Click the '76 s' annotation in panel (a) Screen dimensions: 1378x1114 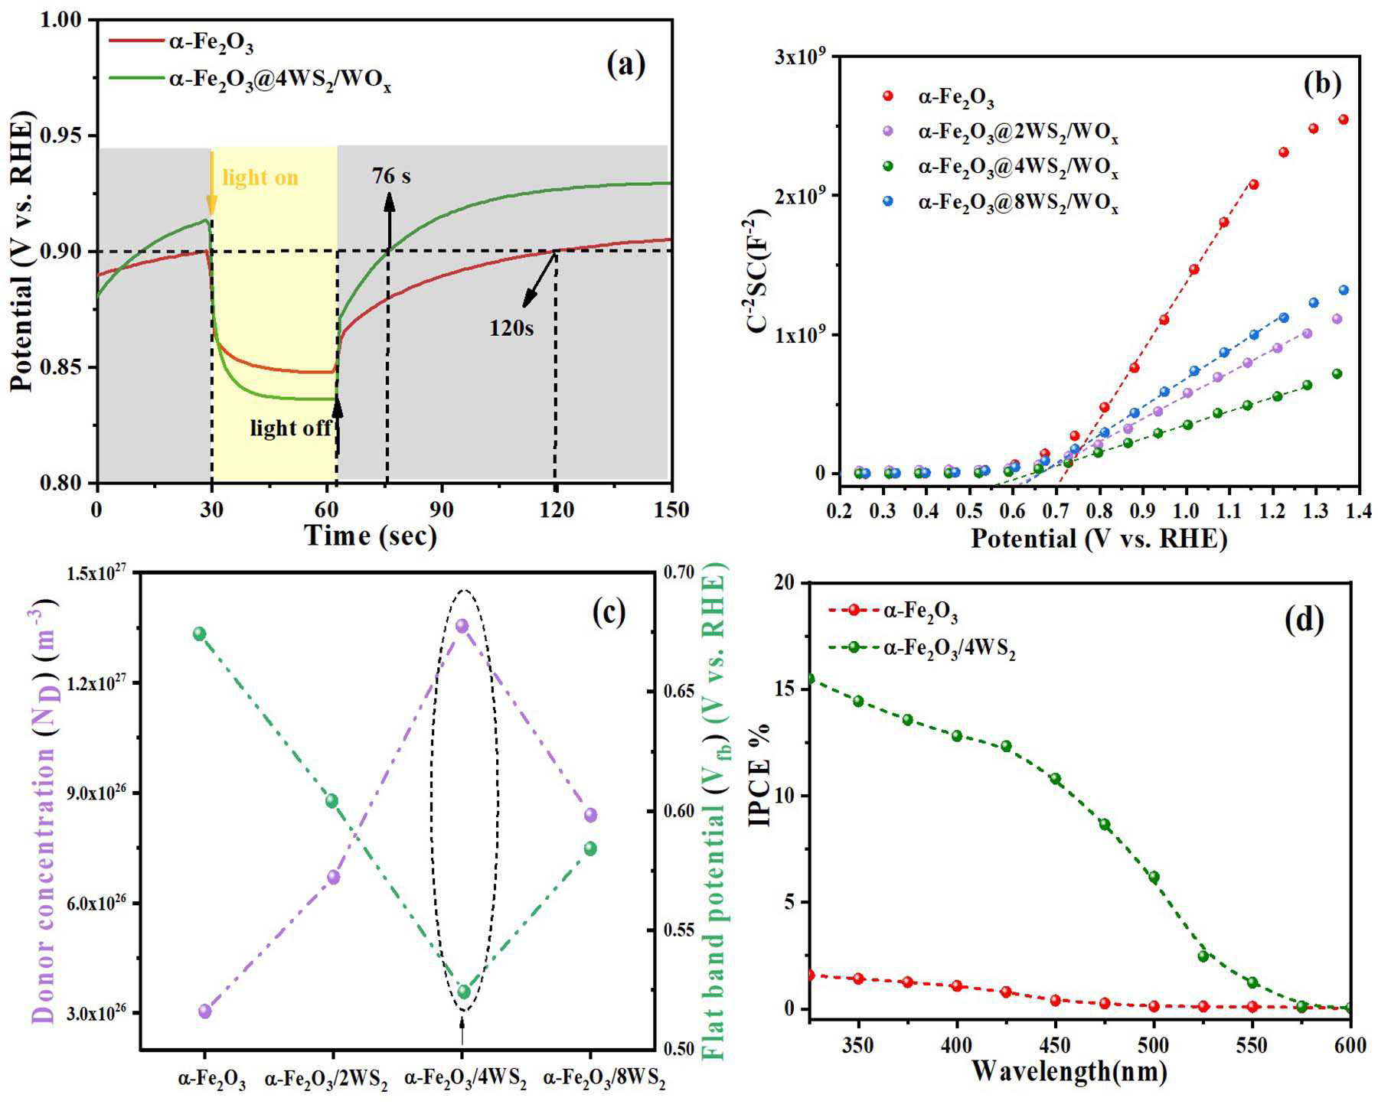click(x=391, y=176)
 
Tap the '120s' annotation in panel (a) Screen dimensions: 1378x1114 click(x=511, y=328)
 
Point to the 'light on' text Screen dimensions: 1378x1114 click(x=260, y=178)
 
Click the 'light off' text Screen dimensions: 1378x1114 click(x=291, y=427)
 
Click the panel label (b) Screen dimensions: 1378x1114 click(x=1322, y=84)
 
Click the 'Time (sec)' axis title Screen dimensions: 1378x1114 click(x=371, y=536)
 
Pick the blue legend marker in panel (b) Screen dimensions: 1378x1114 click(x=887, y=201)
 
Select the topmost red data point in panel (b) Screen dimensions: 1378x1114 click(x=1343, y=119)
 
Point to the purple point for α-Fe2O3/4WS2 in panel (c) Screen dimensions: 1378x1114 click(x=462, y=626)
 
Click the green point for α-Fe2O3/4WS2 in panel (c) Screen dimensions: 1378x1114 click(x=463, y=992)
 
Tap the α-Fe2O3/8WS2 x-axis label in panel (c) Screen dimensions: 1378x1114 click(x=604, y=1080)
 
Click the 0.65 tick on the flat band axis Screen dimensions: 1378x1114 click(x=678, y=692)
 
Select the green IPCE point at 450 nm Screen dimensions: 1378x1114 click(x=1055, y=779)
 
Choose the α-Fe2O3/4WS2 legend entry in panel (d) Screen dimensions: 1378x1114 click(x=922, y=650)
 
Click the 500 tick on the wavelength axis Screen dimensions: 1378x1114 click(x=1154, y=1045)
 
